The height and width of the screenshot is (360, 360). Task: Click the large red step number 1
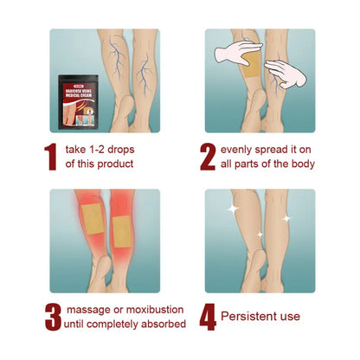(50, 156)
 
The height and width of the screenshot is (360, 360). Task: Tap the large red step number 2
(208, 156)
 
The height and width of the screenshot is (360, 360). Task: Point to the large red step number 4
(208, 316)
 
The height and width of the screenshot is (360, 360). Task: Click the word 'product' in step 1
(116, 164)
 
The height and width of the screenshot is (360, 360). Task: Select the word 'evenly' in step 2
(240, 148)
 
